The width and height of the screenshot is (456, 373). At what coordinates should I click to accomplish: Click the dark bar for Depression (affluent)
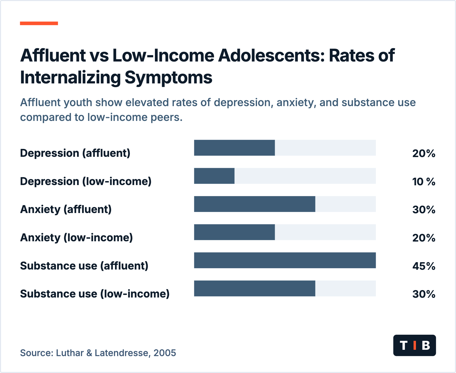click(x=234, y=148)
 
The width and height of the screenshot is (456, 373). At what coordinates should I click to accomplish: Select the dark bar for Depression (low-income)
click(x=214, y=176)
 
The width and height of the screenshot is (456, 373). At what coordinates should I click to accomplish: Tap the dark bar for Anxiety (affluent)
click(x=255, y=204)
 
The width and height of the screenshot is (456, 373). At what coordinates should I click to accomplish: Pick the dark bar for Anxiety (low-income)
click(x=234, y=232)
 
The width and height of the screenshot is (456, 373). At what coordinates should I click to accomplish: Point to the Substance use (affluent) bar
click(x=285, y=260)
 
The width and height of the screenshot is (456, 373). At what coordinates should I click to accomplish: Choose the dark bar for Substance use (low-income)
click(x=255, y=289)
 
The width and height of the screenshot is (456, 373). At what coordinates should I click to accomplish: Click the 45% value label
click(x=424, y=266)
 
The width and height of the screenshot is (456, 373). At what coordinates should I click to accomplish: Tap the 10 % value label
click(x=424, y=182)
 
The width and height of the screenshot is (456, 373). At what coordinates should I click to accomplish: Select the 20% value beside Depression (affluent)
click(x=424, y=153)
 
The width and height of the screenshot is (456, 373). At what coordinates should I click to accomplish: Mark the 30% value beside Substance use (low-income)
click(x=424, y=294)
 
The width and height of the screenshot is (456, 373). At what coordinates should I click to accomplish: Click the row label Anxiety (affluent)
click(x=66, y=209)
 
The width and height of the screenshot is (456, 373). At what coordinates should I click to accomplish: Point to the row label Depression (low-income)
click(x=86, y=181)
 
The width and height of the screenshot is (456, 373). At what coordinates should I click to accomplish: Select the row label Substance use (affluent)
click(x=84, y=266)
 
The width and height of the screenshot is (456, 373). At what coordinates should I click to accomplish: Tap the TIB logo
click(x=415, y=345)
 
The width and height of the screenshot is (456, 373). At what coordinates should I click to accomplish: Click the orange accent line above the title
click(x=39, y=23)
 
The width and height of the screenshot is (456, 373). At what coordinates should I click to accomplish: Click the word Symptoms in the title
click(x=168, y=78)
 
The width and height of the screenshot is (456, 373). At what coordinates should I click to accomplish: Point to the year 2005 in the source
click(x=165, y=353)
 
